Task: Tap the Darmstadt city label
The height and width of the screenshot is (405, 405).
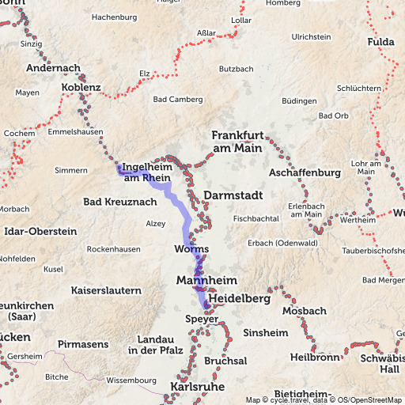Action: click(x=232, y=195)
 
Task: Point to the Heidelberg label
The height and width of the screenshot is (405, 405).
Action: click(x=241, y=301)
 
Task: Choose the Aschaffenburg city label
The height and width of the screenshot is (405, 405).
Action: click(x=305, y=172)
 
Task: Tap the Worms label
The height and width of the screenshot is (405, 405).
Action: click(x=191, y=249)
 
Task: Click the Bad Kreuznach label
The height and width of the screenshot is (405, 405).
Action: click(x=119, y=202)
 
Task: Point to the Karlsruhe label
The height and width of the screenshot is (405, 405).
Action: click(x=197, y=387)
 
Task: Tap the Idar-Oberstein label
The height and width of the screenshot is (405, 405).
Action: click(x=40, y=231)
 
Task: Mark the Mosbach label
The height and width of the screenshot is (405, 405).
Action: click(x=305, y=311)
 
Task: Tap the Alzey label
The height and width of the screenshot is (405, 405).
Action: click(x=156, y=224)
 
